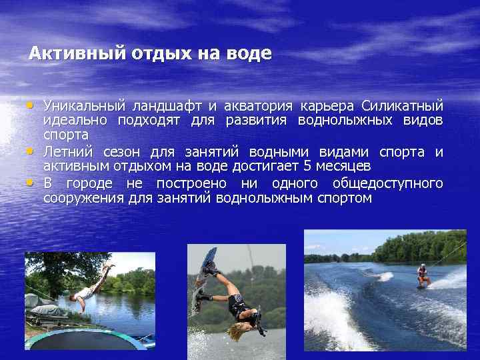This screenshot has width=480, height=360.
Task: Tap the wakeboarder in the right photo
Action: (x=422, y=275)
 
